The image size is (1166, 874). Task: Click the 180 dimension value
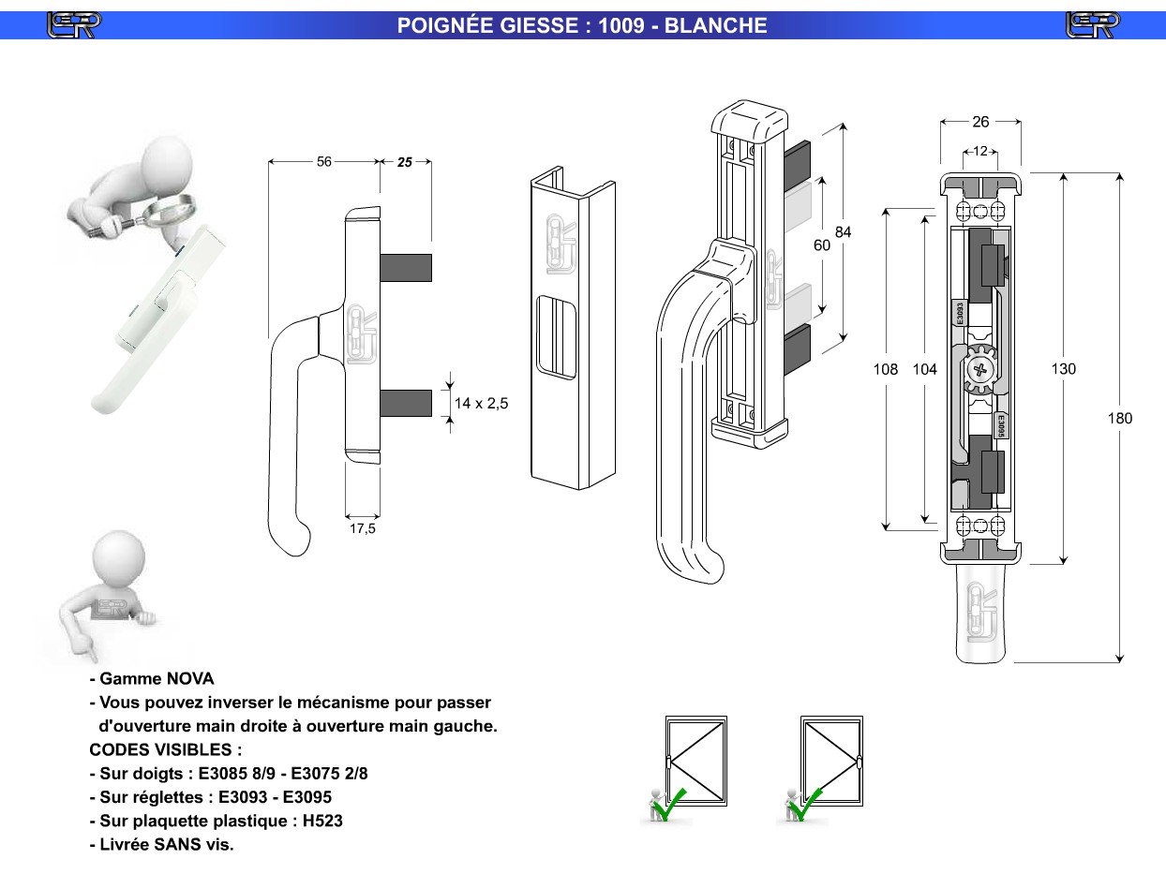tap(1120, 419)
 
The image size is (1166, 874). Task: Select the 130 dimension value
tap(1063, 369)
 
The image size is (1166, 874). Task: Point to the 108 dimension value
tap(886, 369)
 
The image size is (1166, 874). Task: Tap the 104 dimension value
tap(925, 369)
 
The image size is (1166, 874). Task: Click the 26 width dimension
tap(980, 122)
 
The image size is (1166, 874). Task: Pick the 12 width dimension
tap(980, 152)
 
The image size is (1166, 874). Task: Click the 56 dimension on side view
tap(323, 162)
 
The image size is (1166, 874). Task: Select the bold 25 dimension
tap(405, 162)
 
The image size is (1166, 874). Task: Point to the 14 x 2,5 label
tap(481, 403)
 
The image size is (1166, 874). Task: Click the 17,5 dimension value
tap(363, 529)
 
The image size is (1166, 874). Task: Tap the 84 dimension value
tap(843, 232)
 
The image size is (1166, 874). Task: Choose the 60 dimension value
tap(822, 245)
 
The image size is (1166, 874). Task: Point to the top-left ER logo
tap(74, 24)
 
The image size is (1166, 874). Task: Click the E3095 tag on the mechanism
tap(1000, 426)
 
